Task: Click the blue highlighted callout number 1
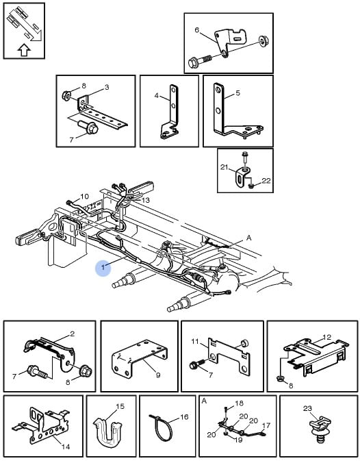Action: [x=103, y=268]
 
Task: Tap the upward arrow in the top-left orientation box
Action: [x=24, y=50]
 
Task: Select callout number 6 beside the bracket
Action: [x=197, y=30]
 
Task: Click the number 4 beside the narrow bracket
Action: [x=157, y=96]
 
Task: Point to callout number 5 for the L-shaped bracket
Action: [x=238, y=93]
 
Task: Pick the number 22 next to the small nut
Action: [x=266, y=180]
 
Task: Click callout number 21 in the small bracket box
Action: [x=224, y=167]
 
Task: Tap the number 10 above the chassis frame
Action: [x=84, y=197]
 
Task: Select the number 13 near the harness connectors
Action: [x=146, y=200]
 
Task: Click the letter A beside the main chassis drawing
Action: [x=248, y=238]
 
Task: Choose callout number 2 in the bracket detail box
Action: [x=73, y=334]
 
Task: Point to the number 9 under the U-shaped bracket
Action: [x=158, y=375]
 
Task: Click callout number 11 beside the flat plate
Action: [x=195, y=341]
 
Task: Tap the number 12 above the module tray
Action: [x=327, y=337]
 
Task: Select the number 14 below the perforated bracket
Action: [x=66, y=447]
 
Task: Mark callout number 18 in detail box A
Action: [x=240, y=403]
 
